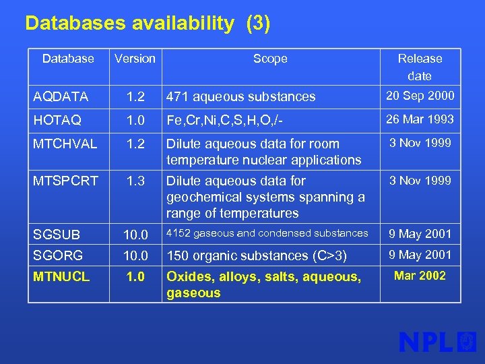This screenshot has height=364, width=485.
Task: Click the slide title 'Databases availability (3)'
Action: pos(148,24)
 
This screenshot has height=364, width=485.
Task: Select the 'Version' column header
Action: pos(135,59)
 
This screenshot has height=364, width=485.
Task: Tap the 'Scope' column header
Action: pos(270,59)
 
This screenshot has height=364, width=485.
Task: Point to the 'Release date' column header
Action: pos(420,67)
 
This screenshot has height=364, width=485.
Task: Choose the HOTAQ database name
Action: pos(57,120)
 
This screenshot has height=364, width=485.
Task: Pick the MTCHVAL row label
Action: pos(65,144)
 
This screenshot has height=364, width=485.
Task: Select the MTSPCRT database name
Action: pos(65,181)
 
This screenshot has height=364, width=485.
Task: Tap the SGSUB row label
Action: pos(57,235)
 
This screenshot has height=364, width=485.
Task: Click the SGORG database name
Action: pos(58,255)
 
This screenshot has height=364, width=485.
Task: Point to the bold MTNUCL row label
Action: pos(61,276)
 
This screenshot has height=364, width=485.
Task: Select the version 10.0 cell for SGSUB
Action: pos(135,235)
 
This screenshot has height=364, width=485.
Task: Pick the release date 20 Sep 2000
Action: pos(420,96)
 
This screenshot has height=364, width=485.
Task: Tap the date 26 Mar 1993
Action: pos(420,119)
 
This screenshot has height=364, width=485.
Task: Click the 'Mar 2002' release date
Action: pos(420,276)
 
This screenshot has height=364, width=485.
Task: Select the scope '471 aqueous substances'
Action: pos(240,96)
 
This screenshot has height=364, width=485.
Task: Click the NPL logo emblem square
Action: pos(466,342)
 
